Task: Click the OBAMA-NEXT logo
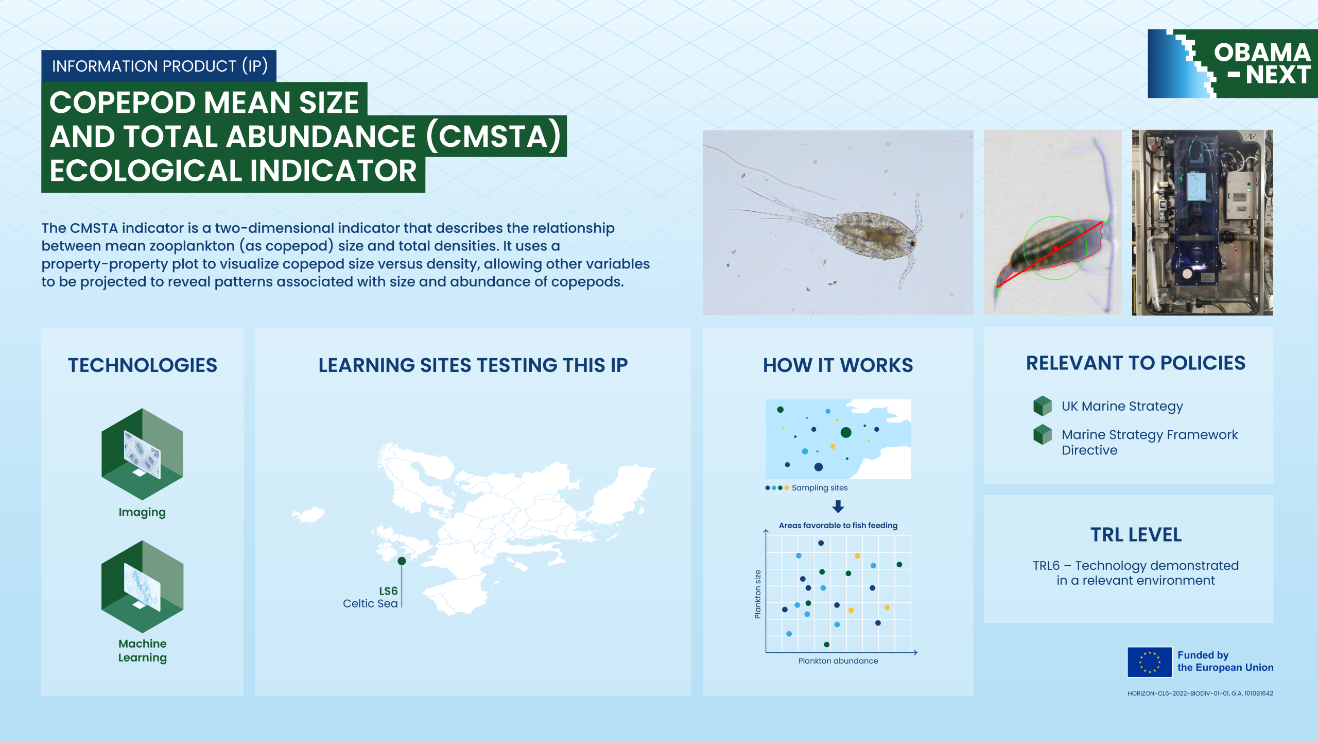[x=1233, y=63]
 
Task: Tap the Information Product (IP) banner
[x=159, y=66]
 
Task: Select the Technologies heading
[x=143, y=365]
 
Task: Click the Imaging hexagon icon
[x=142, y=454]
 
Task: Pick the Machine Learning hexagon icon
[x=142, y=586]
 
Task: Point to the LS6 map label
[x=388, y=591]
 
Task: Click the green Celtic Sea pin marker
[x=402, y=561]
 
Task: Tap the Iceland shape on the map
[x=308, y=514]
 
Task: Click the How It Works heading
[x=838, y=365]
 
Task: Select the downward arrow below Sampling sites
[x=838, y=506]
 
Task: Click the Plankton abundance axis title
[x=838, y=661]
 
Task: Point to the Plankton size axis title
[x=757, y=594]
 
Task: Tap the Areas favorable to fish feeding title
[x=838, y=526]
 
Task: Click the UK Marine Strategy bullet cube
[x=1043, y=406]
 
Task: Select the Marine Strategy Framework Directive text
[x=1150, y=442]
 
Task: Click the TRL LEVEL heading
[x=1136, y=535]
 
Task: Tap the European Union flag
[x=1150, y=662]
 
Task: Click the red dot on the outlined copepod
[x=1055, y=248]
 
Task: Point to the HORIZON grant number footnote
[x=1200, y=694]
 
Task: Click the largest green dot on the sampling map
[x=846, y=432]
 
